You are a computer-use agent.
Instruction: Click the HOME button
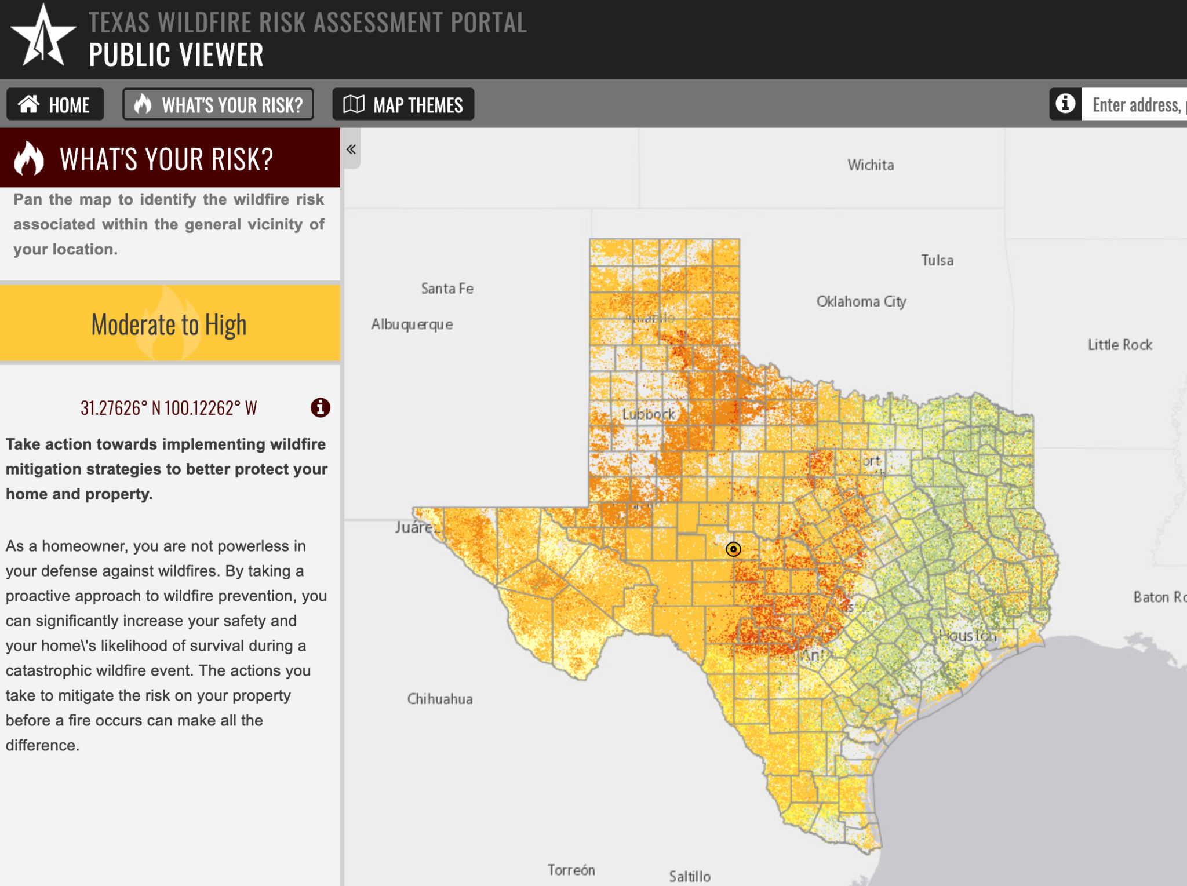click(55, 105)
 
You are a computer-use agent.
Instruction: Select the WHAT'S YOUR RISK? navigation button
click(218, 105)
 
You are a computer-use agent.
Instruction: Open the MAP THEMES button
click(403, 105)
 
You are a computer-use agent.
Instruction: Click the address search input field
click(1135, 105)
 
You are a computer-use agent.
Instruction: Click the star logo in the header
click(43, 37)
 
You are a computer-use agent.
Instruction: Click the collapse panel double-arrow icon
click(351, 150)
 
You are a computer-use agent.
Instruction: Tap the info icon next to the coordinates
click(321, 408)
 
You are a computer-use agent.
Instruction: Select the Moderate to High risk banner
click(169, 324)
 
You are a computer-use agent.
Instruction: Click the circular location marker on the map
click(733, 549)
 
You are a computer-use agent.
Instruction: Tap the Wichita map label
click(871, 165)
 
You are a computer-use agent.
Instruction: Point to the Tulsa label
click(937, 261)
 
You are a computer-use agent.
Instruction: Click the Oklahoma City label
click(861, 302)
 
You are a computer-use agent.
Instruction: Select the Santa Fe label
click(447, 289)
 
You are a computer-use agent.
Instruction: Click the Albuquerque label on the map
click(412, 324)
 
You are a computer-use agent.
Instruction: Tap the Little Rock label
click(1120, 345)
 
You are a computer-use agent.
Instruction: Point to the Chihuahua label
click(440, 699)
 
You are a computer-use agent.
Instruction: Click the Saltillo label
click(690, 876)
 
